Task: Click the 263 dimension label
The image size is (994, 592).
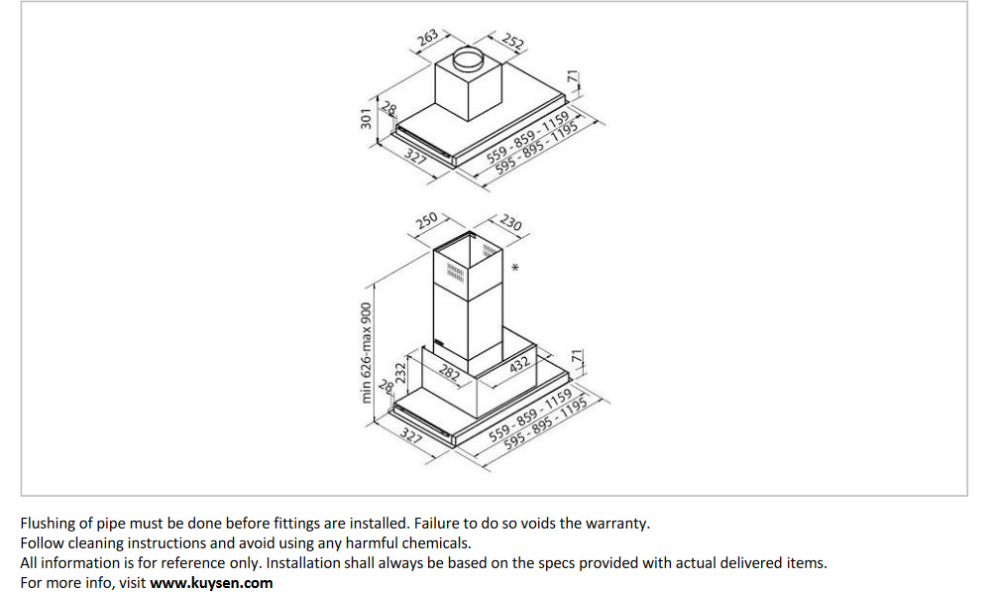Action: [428, 38]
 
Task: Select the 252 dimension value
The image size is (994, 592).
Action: [512, 42]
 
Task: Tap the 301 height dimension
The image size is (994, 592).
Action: [366, 119]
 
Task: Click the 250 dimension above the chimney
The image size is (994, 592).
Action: [426, 221]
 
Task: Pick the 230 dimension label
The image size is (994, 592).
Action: [511, 222]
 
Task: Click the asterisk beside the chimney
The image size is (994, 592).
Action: [515, 268]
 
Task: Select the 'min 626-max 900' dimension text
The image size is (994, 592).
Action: [367, 353]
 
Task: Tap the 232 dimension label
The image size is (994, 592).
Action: [400, 373]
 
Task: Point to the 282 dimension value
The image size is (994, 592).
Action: [449, 372]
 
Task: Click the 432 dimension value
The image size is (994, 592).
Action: [519, 364]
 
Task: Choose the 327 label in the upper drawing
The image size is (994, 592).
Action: [415, 155]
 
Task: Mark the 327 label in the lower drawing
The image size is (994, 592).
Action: [411, 435]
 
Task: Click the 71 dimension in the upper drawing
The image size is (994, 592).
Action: [573, 77]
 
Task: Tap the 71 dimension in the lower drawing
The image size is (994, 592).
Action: [577, 356]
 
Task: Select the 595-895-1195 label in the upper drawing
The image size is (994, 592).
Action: [536, 147]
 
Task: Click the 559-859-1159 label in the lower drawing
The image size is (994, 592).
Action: [530, 415]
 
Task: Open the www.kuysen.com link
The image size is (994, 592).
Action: [211, 582]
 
